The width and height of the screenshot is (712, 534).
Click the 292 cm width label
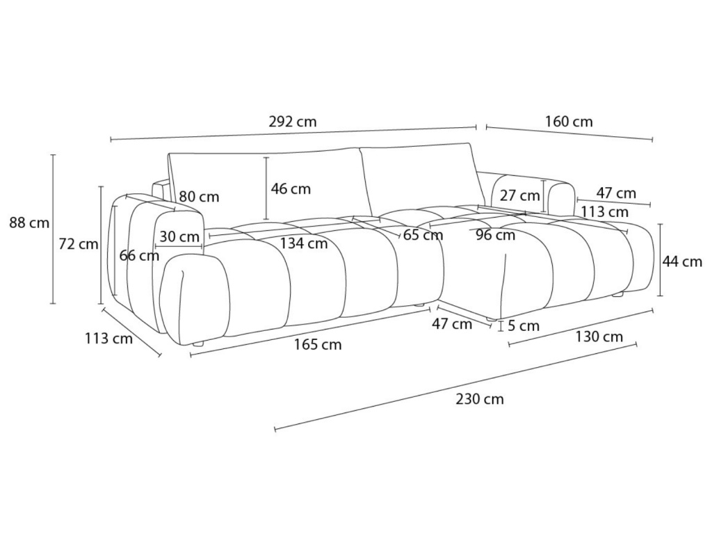(x=293, y=122)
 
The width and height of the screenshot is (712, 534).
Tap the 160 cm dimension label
(x=569, y=122)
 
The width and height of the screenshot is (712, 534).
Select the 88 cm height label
(x=29, y=222)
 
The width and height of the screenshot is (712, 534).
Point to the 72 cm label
(x=78, y=244)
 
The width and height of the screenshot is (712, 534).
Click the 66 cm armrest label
(x=139, y=255)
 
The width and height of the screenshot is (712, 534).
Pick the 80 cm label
(x=199, y=197)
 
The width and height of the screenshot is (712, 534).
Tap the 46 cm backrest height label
(x=291, y=188)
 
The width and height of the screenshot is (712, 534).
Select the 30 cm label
(x=179, y=236)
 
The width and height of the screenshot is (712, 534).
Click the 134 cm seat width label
(x=304, y=243)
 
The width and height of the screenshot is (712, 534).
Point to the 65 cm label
(x=423, y=235)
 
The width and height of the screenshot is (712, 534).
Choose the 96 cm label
(x=496, y=235)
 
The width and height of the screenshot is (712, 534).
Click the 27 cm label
(x=519, y=195)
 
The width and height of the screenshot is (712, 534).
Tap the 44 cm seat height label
(x=682, y=261)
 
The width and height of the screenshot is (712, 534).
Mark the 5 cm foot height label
(x=524, y=325)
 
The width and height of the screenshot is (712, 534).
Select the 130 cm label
(x=599, y=337)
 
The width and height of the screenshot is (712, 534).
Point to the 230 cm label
(x=480, y=399)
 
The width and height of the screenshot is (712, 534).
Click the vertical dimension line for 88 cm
(x=53, y=229)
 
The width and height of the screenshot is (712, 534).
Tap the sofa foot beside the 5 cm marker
(x=492, y=319)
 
